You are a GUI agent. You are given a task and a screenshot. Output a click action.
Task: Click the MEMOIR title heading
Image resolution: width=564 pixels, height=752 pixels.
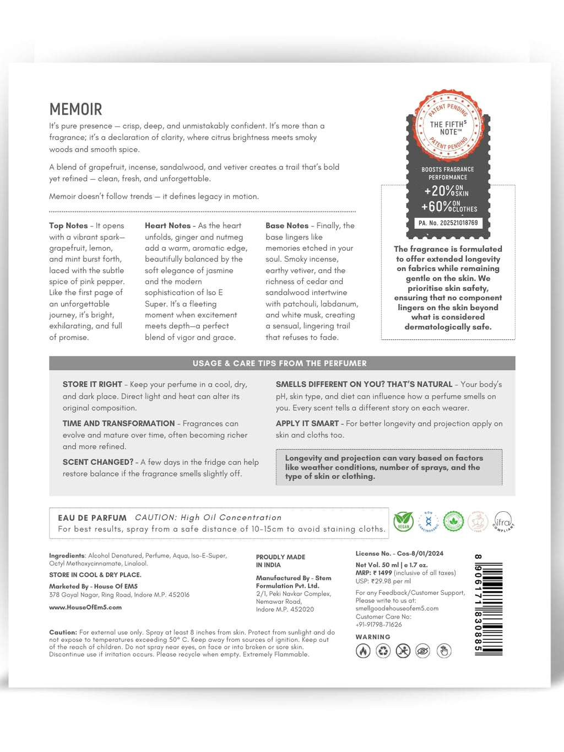[75, 109]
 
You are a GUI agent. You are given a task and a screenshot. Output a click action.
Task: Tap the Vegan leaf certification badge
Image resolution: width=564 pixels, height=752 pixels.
[404, 521]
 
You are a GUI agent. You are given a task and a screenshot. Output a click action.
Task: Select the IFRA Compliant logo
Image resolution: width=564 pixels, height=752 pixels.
[503, 521]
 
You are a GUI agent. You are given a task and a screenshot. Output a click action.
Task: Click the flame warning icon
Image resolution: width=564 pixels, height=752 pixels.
[363, 651]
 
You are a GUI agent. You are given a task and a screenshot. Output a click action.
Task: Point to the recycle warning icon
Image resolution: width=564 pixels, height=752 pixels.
[383, 651]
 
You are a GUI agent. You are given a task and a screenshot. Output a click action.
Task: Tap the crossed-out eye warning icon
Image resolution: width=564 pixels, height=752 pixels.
[422, 651]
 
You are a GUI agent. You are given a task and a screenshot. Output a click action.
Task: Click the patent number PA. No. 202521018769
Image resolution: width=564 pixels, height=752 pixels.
[448, 223]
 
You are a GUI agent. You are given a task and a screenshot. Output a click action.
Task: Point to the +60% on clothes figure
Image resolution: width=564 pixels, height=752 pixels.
[449, 207]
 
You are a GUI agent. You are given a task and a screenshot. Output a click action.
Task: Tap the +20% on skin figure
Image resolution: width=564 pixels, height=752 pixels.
[447, 191]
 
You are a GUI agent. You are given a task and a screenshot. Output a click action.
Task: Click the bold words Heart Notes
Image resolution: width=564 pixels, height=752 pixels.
[167, 226]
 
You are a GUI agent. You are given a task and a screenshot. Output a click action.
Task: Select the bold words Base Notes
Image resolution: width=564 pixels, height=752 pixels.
[287, 226]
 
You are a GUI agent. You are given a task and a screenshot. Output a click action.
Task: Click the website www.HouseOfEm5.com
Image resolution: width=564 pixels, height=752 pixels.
[85, 607]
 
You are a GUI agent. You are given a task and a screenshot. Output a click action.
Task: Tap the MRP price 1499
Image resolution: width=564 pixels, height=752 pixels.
[384, 573]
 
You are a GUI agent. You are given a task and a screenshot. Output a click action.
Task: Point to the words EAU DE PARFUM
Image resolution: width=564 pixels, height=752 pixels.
[92, 518]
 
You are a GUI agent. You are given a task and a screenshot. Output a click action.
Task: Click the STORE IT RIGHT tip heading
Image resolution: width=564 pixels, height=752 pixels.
[92, 385]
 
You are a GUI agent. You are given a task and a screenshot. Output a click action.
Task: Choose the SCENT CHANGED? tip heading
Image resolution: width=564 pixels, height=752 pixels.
[97, 462]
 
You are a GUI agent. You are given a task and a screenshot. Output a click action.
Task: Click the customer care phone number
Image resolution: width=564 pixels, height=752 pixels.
[378, 625]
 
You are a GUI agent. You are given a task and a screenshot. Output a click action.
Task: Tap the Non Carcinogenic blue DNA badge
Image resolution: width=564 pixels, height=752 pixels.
[429, 521]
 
